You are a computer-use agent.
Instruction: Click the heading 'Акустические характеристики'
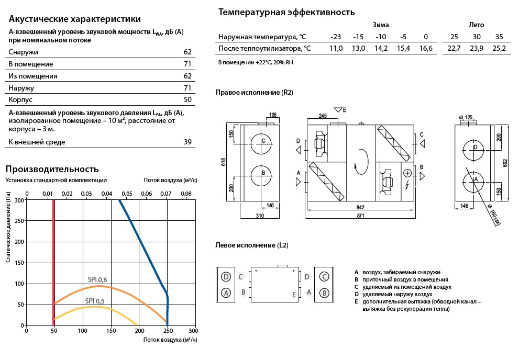coord(75,19)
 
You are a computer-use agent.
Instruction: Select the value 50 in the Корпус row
coord(187,99)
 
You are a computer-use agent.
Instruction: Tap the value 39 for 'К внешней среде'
coord(187,142)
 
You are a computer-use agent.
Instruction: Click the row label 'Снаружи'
coord(23,52)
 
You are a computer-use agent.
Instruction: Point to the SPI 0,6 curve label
coord(97,279)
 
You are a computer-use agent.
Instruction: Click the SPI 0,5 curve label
coord(95,301)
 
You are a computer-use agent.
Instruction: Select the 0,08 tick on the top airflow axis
coord(186,194)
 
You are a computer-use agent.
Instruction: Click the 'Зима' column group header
coord(381,25)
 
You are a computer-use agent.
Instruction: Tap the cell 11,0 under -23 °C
coord(336,49)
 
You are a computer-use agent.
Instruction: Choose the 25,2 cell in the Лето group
coord(499,49)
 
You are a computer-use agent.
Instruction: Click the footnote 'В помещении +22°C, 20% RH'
coord(256,62)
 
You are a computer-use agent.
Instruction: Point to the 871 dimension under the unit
coord(360,216)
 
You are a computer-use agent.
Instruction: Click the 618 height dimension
coord(224,162)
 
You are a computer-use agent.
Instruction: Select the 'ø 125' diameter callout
coord(466,117)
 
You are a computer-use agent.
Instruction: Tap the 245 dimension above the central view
coord(323,116)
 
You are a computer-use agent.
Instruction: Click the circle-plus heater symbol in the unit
coord(407,173)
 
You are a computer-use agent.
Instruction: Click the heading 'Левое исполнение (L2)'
coord(252,245)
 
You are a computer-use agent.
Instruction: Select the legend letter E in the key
coord(356,301)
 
